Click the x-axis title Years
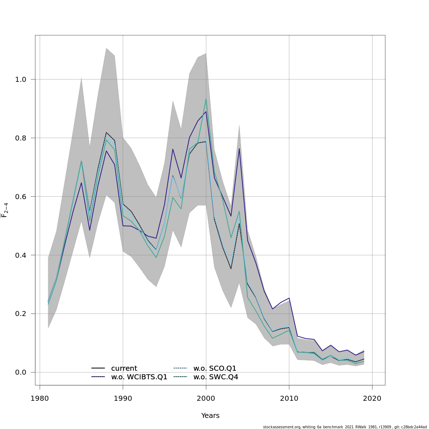point(210,416)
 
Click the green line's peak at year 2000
point(206,99)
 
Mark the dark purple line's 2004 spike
point(239,148)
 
